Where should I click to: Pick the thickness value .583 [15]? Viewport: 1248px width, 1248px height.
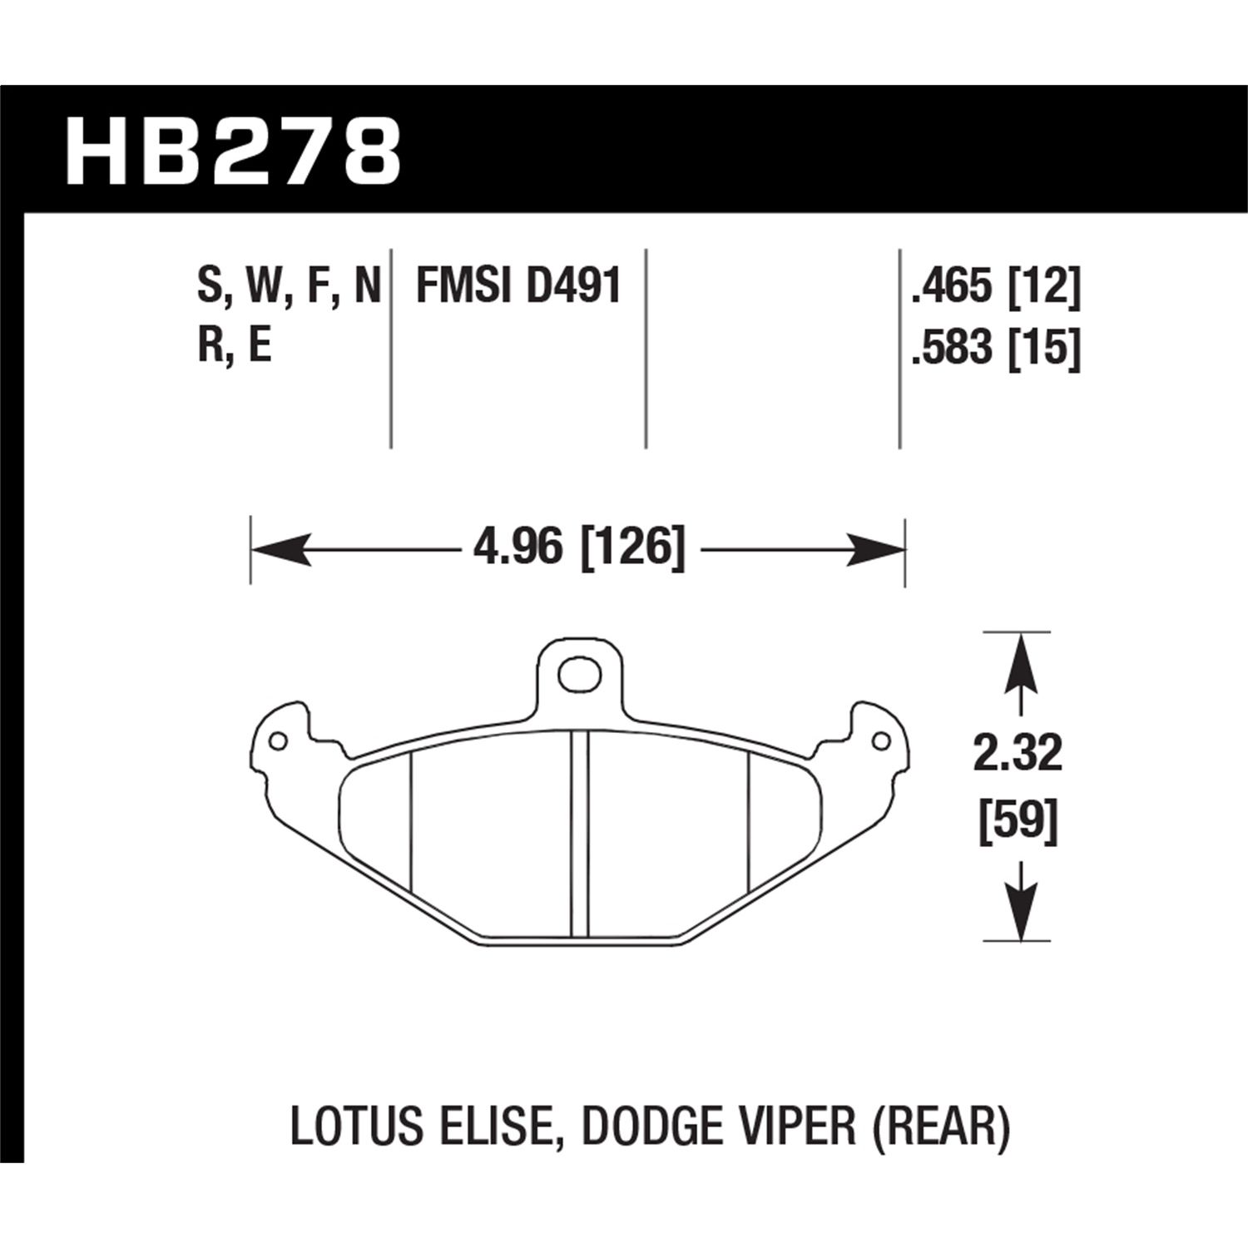pos(996,348)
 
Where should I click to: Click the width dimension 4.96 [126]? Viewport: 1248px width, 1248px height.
pos(577,550)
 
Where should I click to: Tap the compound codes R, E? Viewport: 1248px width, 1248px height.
pos(235,348)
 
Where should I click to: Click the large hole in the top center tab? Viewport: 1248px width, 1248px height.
pos(579,674)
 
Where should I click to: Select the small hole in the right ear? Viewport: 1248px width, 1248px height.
pos(879,740)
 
